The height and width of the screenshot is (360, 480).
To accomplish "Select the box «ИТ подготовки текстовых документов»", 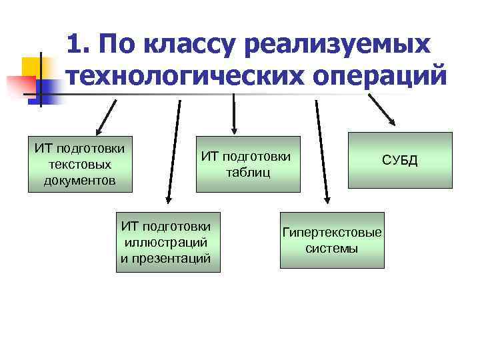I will click(81, 163).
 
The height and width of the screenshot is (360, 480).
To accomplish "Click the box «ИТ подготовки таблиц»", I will click(247, 164).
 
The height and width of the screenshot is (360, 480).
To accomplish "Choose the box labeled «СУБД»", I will click(399, 160).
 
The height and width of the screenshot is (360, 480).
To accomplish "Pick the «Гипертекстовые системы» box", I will click(332, 240).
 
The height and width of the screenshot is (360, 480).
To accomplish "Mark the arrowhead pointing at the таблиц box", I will click(233, 130).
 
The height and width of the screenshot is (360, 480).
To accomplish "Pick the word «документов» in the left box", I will click(81, 181).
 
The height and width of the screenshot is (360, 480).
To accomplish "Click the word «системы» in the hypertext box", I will click(332, 249).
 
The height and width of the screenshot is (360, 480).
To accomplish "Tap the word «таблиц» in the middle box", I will click(247, 173).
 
